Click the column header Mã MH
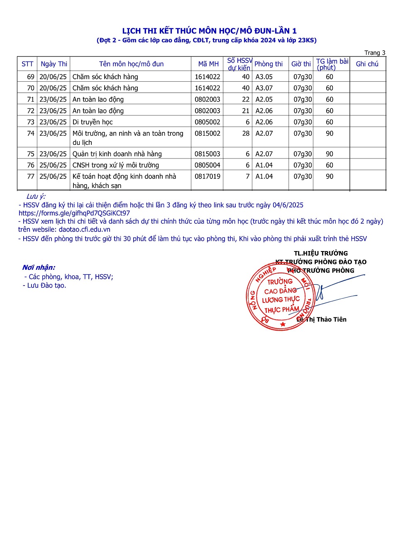pyautogui.click(x=208, y=64)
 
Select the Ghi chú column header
pyautogui.click(x=367, y=64)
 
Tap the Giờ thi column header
pyautogui.click(x=301, y=64)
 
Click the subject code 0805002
pyautogui.click(x=207, y=122)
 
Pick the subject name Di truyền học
pyautogui.click(x=93, y=122)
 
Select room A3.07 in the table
pyautogui.click(x=264, y=88)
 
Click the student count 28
pyautogui.click(x=246, y=133)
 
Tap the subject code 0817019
pyautogui.click(x=207, y=176)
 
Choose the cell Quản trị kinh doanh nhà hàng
pyautogui.click(x=117, y=154)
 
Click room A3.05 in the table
pyautogui.click(x=264, y=77)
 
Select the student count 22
pyautogui.click(x=246, y=100)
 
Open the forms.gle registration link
pyautogui.click(x=74, y=213)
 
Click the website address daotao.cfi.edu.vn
pyautogui.click(x=85, y=229)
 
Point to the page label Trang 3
pyautogui.click(x=375, y=53)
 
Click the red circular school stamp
pyautogui.click(x=280, y=296)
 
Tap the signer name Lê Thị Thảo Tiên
pyautogui.click(x=322, y=319)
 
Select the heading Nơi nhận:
pyautogui.click(x=39, y=268)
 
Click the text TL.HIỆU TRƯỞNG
pyautogui.click(x=321, y=253)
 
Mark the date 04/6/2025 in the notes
pyautogui.click(x=288, y=205)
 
